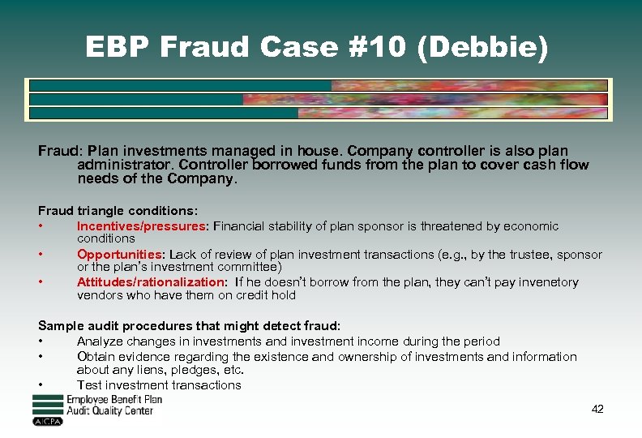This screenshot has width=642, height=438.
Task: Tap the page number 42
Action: coord(597,409)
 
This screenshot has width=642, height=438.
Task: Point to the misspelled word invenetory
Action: coord(546,282)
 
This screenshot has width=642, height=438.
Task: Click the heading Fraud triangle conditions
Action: coord(118,211)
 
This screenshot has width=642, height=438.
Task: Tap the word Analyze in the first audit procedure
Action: coord(101,341)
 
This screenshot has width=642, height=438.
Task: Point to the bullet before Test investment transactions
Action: coord(41,385)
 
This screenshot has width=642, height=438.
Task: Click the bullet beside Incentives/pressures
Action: coord(41,226)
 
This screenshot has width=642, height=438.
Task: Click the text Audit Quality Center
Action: coord(110,411)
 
